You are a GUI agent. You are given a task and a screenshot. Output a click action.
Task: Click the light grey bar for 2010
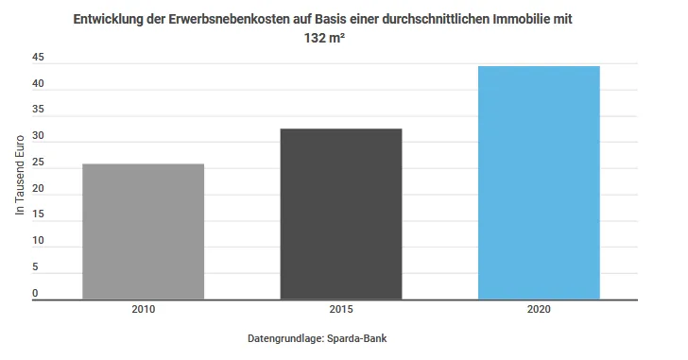144,231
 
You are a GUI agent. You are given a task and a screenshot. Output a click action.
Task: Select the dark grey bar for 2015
341,214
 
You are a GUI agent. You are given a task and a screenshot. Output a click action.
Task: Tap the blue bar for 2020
539,182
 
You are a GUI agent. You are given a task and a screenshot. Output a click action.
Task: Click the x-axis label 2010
144,310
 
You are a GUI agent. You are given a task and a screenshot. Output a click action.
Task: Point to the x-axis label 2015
341,310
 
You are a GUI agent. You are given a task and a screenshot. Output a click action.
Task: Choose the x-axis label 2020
539,310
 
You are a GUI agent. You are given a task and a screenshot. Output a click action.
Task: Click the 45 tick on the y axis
38,58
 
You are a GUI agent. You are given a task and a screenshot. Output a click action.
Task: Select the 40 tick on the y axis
38,84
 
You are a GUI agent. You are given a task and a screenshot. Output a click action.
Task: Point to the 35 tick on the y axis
38,110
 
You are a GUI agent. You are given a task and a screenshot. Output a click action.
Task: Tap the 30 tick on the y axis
38,136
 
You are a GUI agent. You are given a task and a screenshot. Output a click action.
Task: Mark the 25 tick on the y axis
38,163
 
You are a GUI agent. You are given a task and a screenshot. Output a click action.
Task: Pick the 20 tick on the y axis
38,188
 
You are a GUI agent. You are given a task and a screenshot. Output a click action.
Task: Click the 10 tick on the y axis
38,241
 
